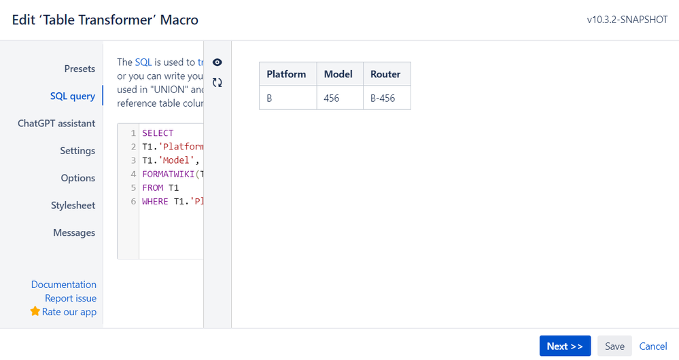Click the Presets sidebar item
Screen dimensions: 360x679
point(80,69)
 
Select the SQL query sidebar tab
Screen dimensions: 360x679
point(72,96)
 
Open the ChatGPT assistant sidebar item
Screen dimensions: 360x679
point(56,124)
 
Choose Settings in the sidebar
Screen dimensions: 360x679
point(77,151)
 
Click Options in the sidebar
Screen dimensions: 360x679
point(77,178)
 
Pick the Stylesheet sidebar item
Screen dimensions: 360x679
point(73,205)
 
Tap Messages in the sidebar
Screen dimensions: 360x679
point(74,232)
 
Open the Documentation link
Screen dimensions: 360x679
point(64,285)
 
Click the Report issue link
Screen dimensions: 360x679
point(71,298)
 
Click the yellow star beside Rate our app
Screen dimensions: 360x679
point(35,312)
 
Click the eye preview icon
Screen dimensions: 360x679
point(217,62)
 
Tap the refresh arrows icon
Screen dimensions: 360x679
point(217,83)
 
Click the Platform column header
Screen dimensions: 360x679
point(286,74)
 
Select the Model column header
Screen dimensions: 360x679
point(338,74)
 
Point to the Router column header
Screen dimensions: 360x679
point(385,74)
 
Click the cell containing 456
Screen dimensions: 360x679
point(332,98)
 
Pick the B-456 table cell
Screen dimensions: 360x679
point(383,98)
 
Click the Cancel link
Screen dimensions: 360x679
point(653,346)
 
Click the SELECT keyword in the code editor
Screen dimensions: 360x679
point(158,133)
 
